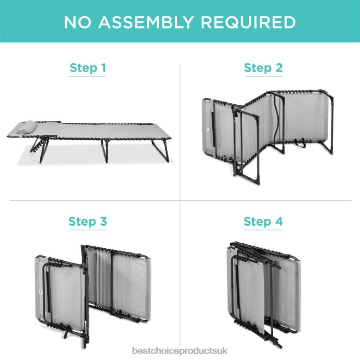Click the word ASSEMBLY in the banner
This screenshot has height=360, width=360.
coord(146,22)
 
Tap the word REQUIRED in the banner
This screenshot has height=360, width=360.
coord(248,22)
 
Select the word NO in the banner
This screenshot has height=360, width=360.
coord(78,22)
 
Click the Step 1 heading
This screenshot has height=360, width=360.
coord(88,68)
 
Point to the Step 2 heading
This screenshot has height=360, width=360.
coord(263,68)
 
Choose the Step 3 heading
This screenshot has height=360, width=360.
coord(88,222)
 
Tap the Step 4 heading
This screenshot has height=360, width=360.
coord(263,222)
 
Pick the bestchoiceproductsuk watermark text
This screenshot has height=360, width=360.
coord(180,351)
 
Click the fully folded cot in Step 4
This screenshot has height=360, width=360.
coord(264,294)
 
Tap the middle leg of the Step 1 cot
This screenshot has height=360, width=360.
coord(105,151)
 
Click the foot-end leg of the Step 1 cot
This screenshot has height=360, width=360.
coord(160,150)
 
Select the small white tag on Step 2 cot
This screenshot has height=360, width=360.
coord(208,130)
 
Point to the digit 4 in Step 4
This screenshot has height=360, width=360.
coord(279,221)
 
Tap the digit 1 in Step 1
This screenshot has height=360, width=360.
coord(103,67)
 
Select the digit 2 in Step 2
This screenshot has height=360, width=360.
coord(279,67)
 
